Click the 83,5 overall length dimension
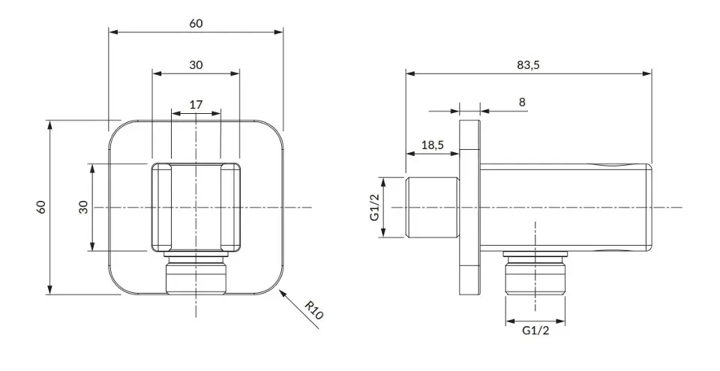point(528,64)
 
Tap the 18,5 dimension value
point(433,145)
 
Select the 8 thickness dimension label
point(522,102)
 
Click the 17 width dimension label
point(196,105)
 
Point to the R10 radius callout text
point(314,310)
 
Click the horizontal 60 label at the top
point(196,23)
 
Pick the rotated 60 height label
point(41,207)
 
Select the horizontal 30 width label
point(196,64)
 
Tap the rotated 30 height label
point(83,207)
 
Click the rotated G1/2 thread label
point(375,207)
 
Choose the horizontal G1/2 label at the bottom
point(535,331)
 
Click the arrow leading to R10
point(299,309)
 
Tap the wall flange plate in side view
point(469,208)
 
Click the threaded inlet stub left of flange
point(433,207)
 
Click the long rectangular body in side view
point(566,208)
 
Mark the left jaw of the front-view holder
point(162,207)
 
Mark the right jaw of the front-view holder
point(230,207)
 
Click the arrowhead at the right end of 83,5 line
point(647,73)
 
